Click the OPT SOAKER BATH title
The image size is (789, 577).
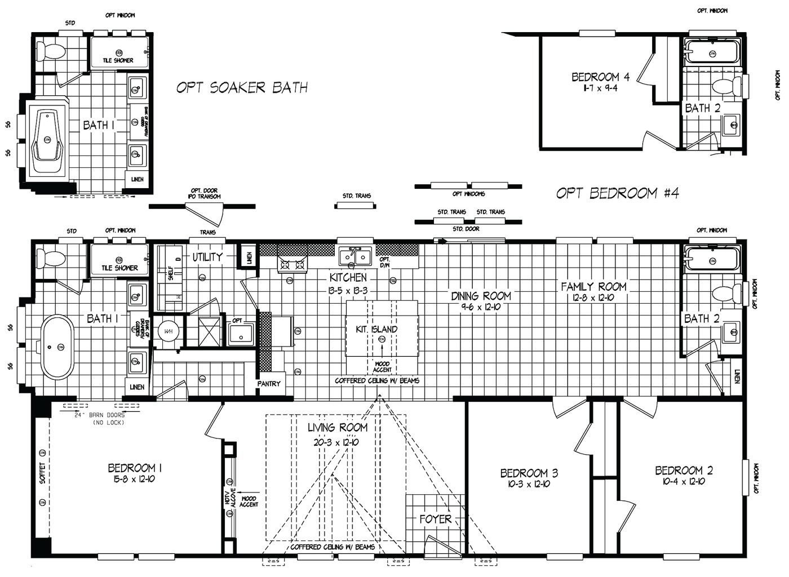242,87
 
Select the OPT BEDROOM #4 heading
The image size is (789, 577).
618,193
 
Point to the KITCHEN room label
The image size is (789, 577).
348,277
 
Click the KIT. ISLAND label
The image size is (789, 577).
376,329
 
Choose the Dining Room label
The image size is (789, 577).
481,296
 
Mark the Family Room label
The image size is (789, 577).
593,287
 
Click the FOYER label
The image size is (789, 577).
435,519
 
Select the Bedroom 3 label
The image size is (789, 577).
529,473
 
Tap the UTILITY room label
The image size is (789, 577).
207,257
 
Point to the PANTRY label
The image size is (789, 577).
269,384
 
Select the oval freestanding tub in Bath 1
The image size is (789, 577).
56,347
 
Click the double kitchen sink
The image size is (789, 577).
355,257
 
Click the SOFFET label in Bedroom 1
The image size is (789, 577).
42,473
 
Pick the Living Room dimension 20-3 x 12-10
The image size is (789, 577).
337,442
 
